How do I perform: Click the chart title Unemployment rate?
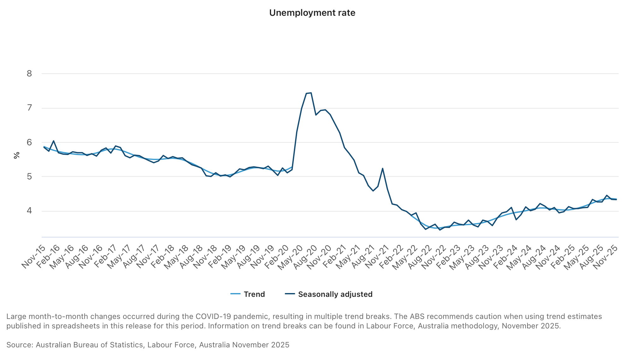[x=312, y=13]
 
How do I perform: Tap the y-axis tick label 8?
[x=29, y=74]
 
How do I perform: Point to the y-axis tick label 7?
[x=29, y=108]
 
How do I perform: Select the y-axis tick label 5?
[x=29, y=177]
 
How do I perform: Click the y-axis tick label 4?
[x=29, y=211]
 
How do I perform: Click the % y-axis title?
[x=17, y=155]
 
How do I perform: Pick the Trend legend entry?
[x=248, y=294]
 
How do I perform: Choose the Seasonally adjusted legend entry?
[x=329, y=294]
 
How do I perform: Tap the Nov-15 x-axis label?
[x=33, y=257]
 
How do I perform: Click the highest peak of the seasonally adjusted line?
[x=311, y=93]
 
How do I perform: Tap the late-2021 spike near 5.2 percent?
[x=383, y=168]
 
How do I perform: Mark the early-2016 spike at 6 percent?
[x=54, y=141]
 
